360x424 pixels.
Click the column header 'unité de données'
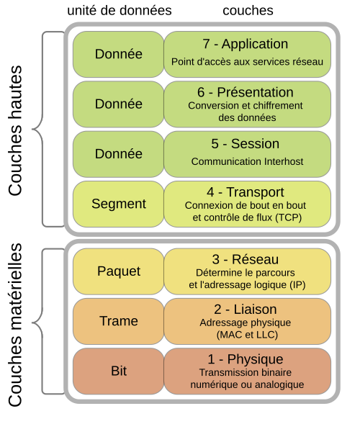click(120, 11)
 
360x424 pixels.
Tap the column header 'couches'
click(248, 11)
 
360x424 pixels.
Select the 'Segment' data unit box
click(119, 204)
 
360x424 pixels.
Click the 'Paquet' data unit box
click(119, 271)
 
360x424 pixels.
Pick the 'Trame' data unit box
click(119, 321)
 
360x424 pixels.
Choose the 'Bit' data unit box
click(119, 371)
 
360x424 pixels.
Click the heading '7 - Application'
click(246, 44)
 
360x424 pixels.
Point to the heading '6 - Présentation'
click(246, 92)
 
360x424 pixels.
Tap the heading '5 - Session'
click(246, 143)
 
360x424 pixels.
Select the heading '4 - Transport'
click(246, 192)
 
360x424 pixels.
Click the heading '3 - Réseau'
click(246, 259)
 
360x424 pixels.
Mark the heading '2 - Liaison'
click(246, 310)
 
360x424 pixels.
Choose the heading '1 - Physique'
click(246, 359)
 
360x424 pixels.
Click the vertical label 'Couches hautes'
click(15, 130)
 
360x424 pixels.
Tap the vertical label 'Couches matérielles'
click(15, 325)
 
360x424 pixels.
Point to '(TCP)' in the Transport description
click(288, 217)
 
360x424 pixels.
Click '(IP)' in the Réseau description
click(297, 285)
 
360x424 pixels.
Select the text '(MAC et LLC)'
click(247, 335)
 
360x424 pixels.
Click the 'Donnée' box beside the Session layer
click(119, 154)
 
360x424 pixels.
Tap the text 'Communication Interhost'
click(247, 161)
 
